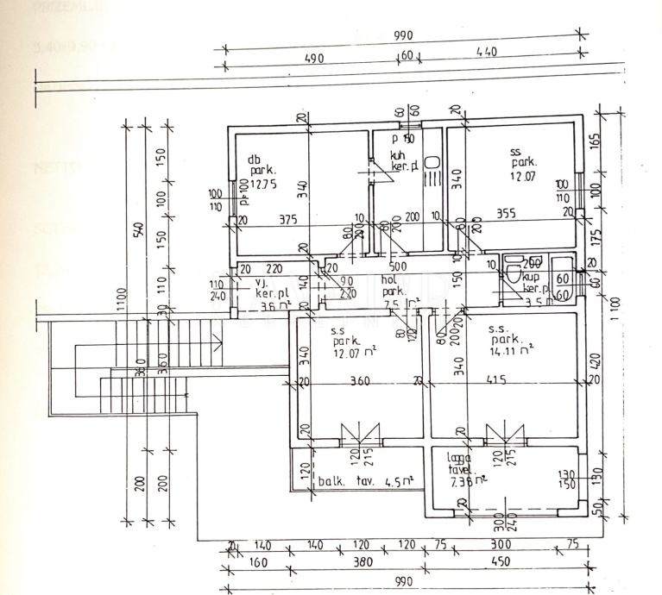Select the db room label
[254, 159]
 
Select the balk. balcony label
[333, 480]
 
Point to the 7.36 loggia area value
[466, 482]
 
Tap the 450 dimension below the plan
[499, 561]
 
